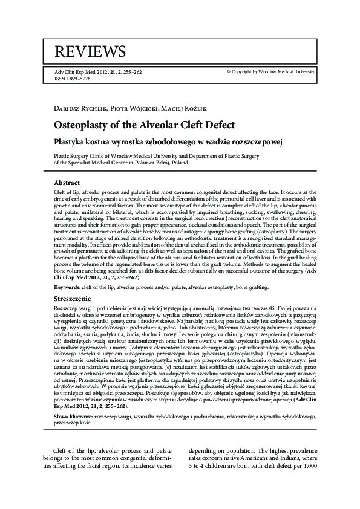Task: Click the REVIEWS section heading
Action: coord(90,51)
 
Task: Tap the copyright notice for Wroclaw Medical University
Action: coord(270,71)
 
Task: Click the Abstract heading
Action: coord(67,183)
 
